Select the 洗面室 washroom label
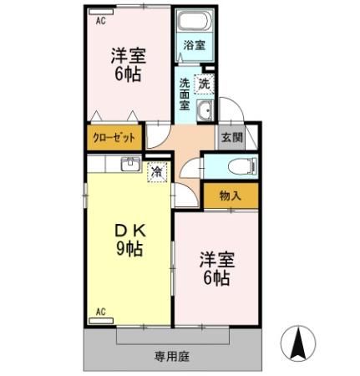click(185, 94)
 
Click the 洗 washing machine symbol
click(205, 84)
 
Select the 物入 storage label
click(231, 196)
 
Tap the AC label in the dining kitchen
click(99, 312)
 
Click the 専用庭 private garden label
click(171, 355)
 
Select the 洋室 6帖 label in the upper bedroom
click(129, 64)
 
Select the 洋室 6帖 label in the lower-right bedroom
click(215, 267)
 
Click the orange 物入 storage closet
click(231, 196)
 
